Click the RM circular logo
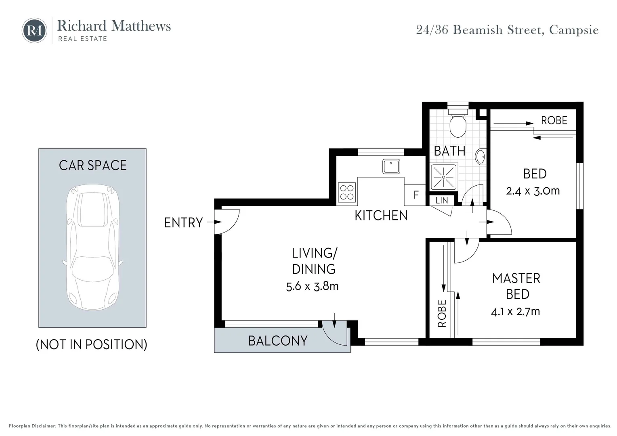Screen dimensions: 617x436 34,30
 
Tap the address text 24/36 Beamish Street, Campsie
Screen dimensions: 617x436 507,30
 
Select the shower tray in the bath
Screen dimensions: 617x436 444,176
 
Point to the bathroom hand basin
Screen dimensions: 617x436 481,157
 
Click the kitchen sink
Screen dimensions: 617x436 391,166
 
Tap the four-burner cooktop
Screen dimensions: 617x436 347,193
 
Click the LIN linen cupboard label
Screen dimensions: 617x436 442,201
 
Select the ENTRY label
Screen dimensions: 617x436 183,222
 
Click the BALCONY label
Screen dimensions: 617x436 278,341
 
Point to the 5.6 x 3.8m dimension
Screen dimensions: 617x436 313,286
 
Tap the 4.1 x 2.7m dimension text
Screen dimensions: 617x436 515,312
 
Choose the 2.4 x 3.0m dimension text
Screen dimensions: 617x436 533,191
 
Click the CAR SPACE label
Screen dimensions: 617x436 93,165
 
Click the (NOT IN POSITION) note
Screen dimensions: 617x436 92,344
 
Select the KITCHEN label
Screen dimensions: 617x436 381,216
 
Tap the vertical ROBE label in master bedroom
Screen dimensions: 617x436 442,313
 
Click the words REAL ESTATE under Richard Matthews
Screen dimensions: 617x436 83,39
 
